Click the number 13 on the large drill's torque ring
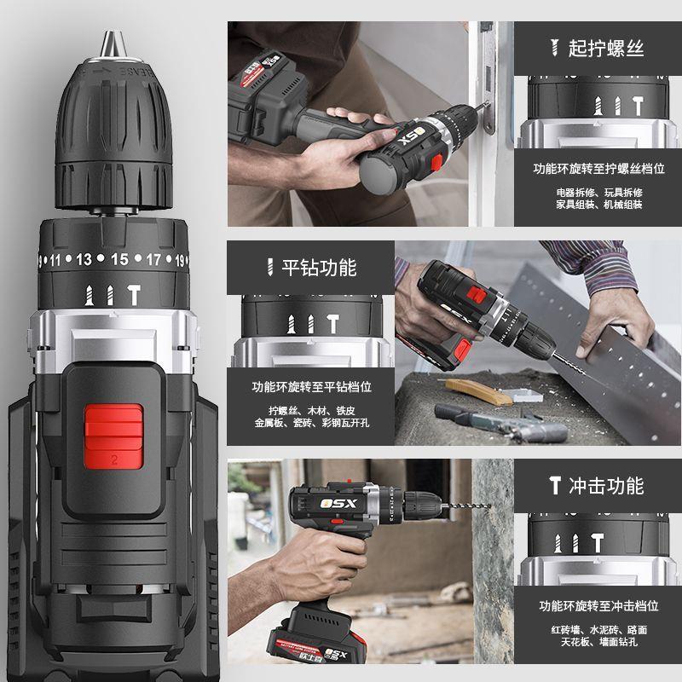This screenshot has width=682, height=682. pyautogui.click(x=84, y=259)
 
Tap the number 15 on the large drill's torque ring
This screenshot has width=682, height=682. pyautogui.click(x=119, y=259)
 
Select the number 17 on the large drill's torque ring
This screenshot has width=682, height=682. pyautogui.click(x=153, y=260)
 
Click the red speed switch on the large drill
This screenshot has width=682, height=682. pyautogui.click(x=113, y=436)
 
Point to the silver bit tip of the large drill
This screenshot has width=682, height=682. pyautogui.click(x=113, y=43)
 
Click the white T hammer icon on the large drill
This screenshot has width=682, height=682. pyautogui.click(x=134, y=294)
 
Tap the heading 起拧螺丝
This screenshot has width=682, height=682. pyautogui.click(x=606, y=48)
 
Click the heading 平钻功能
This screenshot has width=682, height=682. pyautogui.click(x=319, y=267)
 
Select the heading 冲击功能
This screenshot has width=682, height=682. pyautogui.click(x=606, y=485)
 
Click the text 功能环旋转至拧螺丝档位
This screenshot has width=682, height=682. pyautogui.click(x=599, y=168)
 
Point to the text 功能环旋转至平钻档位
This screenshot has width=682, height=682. pyautogui.click(x=311, y=387)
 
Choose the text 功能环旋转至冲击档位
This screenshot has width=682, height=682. pyautogui.click(x=599, y=605)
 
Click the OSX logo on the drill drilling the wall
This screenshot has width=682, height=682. pyautogui.click(x=338, y=504)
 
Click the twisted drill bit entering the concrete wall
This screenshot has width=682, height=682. pyautogui.click(x=465, y=506)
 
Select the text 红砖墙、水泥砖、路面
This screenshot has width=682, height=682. pyautogui.click(x=599, y=629)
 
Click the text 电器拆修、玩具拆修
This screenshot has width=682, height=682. pyautogui.click(x=599, y=193)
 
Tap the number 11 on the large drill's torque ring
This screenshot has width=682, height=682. pyautogui.click(x=55, y=261)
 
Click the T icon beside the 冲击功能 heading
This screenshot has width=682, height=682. pyautogui.click(x=555, y=485)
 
